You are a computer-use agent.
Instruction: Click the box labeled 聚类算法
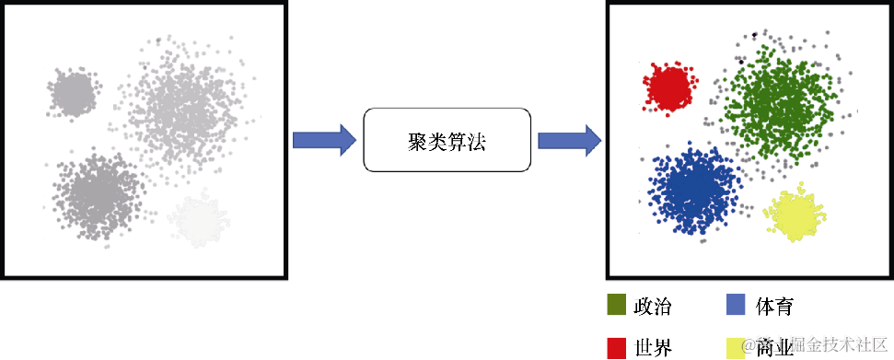[447, 140]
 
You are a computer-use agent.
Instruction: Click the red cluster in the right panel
[668, 86]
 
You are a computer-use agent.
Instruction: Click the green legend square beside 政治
[616, 305]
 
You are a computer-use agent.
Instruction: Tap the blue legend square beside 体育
[736, 305]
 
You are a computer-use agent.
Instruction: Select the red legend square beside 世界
[616, 347]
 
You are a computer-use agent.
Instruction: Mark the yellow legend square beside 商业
[736, 347]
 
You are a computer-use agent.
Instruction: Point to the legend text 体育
[774, 306]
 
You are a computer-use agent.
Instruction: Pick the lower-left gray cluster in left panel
[97, 192]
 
